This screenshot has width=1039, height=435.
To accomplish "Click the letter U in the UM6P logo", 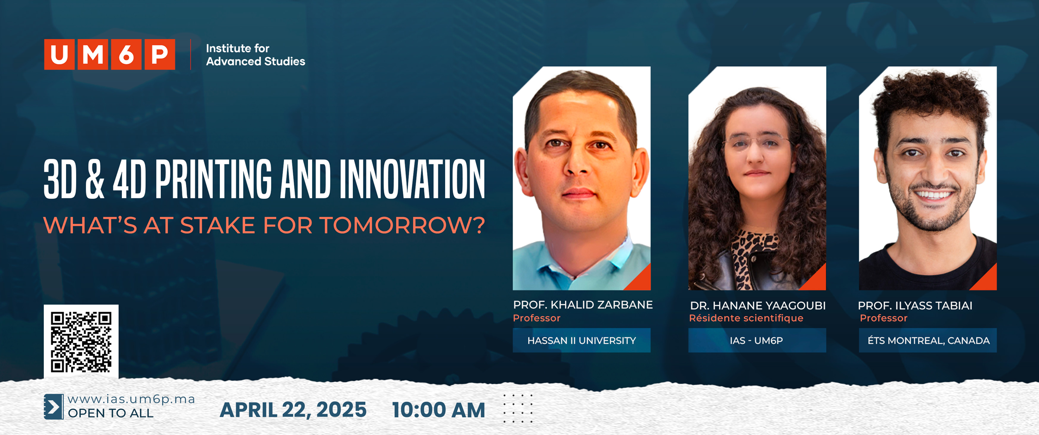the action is click(59, 55).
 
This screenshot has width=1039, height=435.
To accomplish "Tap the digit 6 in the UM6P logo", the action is click(126, 55).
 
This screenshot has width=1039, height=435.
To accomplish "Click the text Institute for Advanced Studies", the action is click(255, 55).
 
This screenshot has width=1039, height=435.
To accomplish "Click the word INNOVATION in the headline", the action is click(412, 179).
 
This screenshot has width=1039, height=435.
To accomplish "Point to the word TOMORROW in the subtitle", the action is click(402, 225).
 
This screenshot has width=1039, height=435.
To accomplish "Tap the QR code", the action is click(81, 342).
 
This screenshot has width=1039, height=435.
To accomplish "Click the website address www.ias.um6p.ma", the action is click(131, 399).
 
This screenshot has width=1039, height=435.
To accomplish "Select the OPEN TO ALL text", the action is click(110, 413).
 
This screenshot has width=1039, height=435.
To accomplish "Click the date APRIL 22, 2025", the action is click(293, 410).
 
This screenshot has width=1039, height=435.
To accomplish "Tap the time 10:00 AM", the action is click(438, 410).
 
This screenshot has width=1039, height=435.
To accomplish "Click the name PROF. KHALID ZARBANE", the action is click(583, 305).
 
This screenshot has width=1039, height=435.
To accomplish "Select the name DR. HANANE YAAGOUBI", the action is click(758, 306).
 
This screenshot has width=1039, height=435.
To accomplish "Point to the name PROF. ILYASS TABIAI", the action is click(915, 306).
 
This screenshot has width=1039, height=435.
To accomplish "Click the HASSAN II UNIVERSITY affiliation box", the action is click(581, 340).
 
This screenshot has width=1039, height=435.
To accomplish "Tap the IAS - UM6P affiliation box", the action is click(757, 340).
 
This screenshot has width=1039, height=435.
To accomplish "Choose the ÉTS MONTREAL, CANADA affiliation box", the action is click(928, 340).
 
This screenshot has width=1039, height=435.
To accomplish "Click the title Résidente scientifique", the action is click(746, 318).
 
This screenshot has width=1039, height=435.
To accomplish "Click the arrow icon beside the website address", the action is click(54, 407).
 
